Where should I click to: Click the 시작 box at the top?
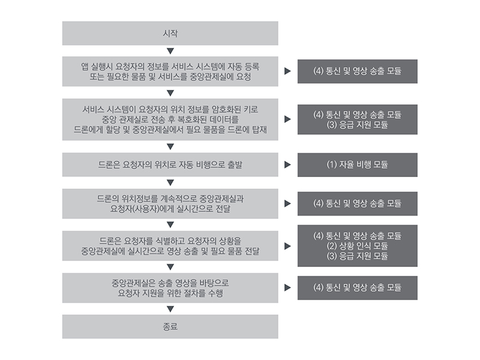[x=170, y=34]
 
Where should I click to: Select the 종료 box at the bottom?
[x=170, y=326]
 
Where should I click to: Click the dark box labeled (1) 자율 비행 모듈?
[x=357, y=164]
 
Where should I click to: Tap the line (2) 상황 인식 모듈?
[x=357, y=246]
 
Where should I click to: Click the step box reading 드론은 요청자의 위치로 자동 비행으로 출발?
[x=170, y=164]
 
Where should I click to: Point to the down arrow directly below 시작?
[x=170, y=51]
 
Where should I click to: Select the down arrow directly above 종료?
[x=170, y=309]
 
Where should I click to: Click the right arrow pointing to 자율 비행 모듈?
[x=287, y=164]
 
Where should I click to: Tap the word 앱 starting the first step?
[x=85, y=67]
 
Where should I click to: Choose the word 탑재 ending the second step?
[x=259, y=130]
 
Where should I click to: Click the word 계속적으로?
[x=178, y=199]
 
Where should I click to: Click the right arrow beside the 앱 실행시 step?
[x=287, y=71]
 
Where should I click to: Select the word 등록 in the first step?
[x=252, y=67]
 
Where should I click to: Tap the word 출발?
[x=235, y=164]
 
